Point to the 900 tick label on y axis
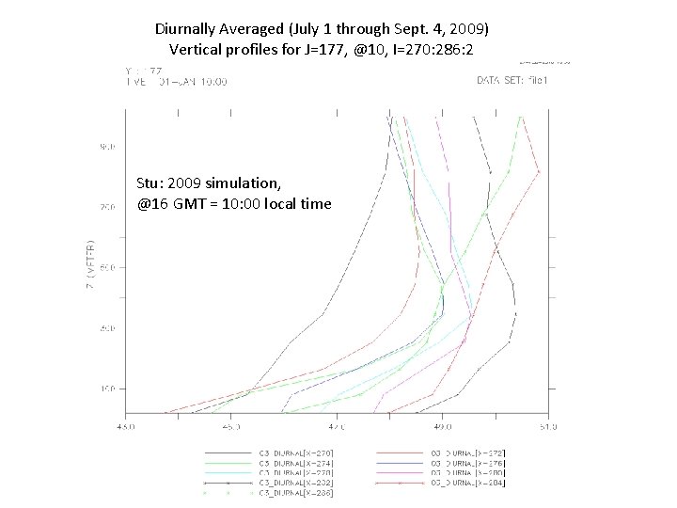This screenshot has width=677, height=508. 107,147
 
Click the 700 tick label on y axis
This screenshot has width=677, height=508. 107,207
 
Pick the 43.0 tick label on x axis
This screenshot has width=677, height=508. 125,426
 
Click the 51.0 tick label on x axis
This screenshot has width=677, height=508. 548,426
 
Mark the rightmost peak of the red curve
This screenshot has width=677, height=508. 539,172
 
